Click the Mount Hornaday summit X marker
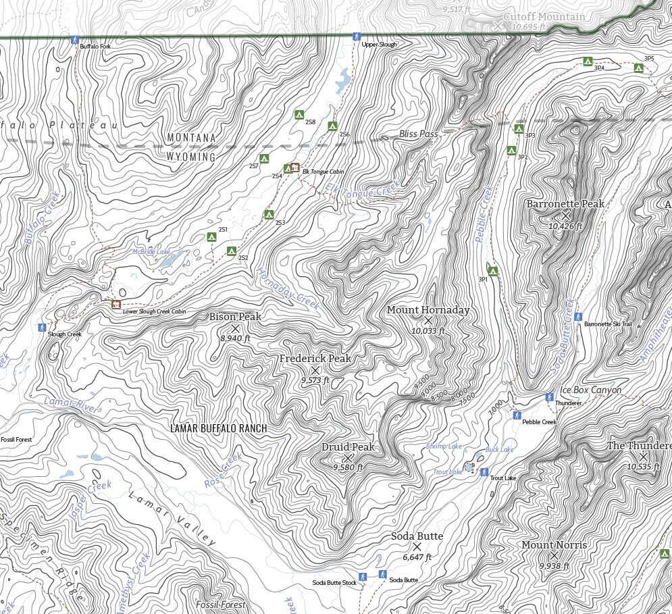pyautogui.click(x=428, y=320)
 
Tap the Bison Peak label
pyautogui.click(x=234, y=317)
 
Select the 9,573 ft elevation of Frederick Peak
pyautogui.click(x=315, y=381)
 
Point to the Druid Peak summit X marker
pyautogui.click(x=348, y=457)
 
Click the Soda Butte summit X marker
pyautogui.click(x=417, y=546)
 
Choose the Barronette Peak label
pyautogui.click(x=565, y=204)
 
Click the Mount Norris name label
pyautogui.click(x=554, y=545)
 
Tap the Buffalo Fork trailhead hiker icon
pyautogui.click(x=75, y=41)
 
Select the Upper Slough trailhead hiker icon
pyautogui.click(x=357, y=36)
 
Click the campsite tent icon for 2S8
pyautogui.click(x=299, y=115)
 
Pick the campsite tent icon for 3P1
pyautogui.click(x=493, y=272)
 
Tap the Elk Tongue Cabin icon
pyautogui.click(x=294, y=167)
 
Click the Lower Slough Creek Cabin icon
pyautogui.click(x=116, y=305)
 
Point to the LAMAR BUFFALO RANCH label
pyautogui.click(x=218, y=428)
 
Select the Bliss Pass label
pyautogui.click(x=418, y=134)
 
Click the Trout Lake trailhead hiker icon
pyautogui.click(x=484, y=472)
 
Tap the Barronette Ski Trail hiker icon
pyautogui.click(x=578, y=316)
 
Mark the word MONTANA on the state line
pyautogui.click(x=191, y=138)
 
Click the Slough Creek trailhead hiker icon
pyautogui.click(x=42, y=327)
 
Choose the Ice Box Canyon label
pyautogui.click(x=591, y=390)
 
